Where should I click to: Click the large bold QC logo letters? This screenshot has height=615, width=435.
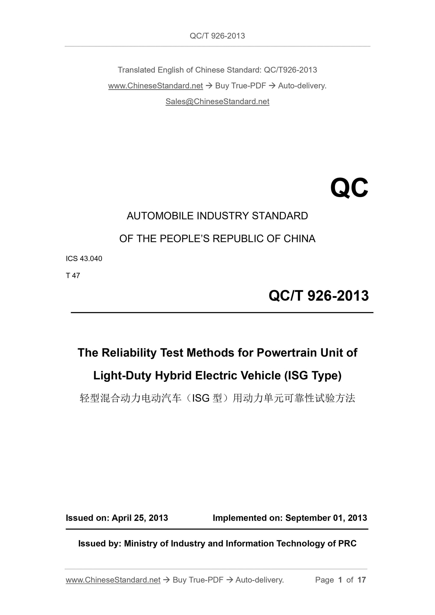click(349, 188)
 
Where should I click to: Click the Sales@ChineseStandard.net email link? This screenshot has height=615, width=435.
click(217, 102)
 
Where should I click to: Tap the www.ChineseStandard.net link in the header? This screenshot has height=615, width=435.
click(155, 86)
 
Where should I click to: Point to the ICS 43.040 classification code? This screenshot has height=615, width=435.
click(84, 259)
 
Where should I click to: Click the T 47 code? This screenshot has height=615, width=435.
click(73, 276)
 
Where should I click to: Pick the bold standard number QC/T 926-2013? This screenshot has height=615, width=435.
click(318, 296)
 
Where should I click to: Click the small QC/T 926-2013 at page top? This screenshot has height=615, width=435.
click(217, 36)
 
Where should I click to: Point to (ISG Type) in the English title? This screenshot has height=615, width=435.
click(312, 375)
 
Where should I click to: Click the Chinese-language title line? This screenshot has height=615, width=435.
click(217, 398)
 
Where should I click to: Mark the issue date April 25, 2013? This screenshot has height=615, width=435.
click(140, 518)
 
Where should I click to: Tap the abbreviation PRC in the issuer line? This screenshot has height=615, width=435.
click(347, 543)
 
